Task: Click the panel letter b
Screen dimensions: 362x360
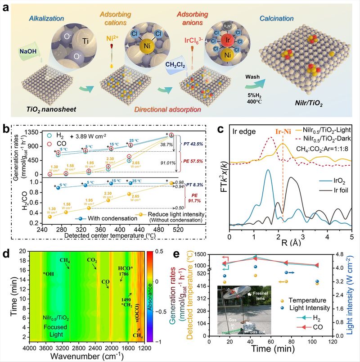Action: click(7, 130)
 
